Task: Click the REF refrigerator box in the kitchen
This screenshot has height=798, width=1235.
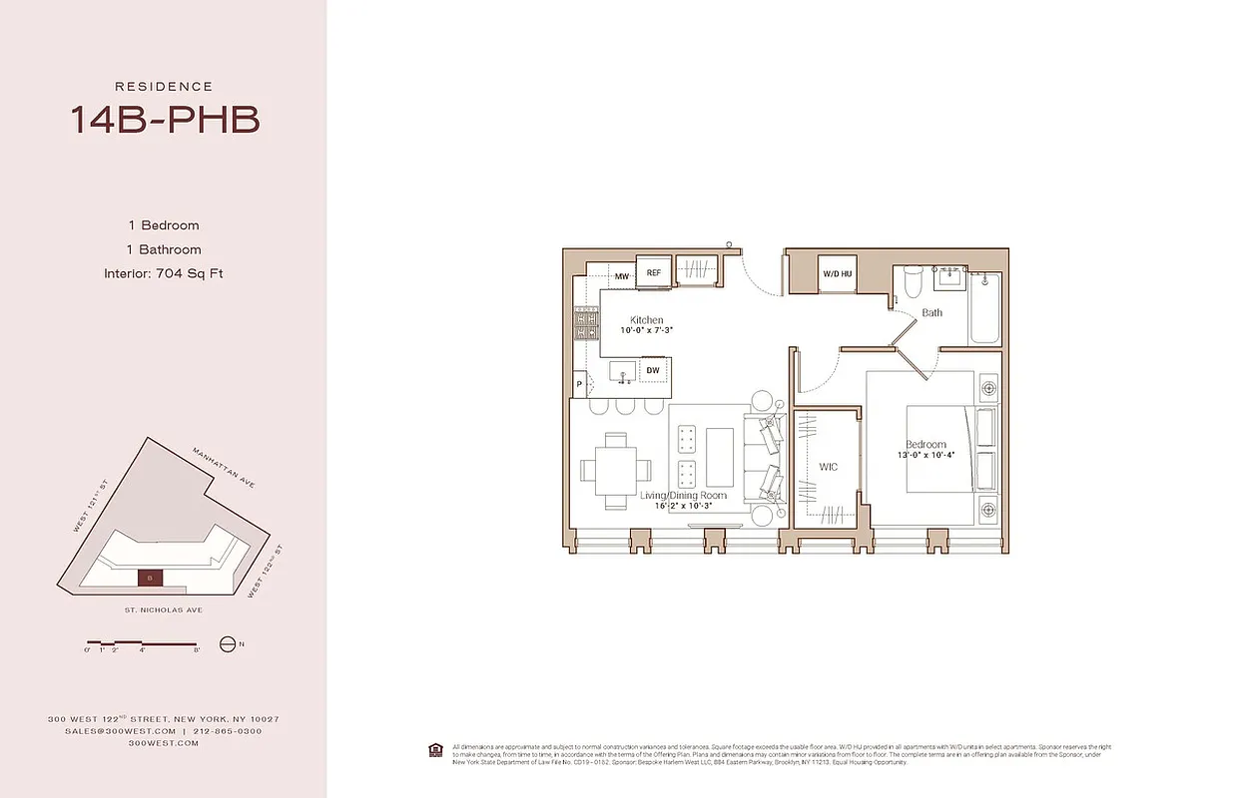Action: click(654, 272)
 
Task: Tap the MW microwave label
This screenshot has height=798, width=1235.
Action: click(621, 276)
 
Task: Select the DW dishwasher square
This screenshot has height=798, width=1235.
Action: click(652, 371)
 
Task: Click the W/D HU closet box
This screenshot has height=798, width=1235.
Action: click(837, 274)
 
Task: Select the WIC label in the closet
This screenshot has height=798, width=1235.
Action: click(828, 466)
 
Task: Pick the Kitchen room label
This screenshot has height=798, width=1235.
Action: click(646, 320)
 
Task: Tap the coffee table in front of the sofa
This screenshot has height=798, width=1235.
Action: click(720, 455)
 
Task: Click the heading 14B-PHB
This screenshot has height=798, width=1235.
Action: click(164, 120)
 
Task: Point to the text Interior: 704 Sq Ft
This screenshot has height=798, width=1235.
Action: click(164, 273)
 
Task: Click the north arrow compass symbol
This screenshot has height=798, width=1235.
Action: click(227, 644)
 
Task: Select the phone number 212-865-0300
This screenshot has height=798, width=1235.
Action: click(229, 731)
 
